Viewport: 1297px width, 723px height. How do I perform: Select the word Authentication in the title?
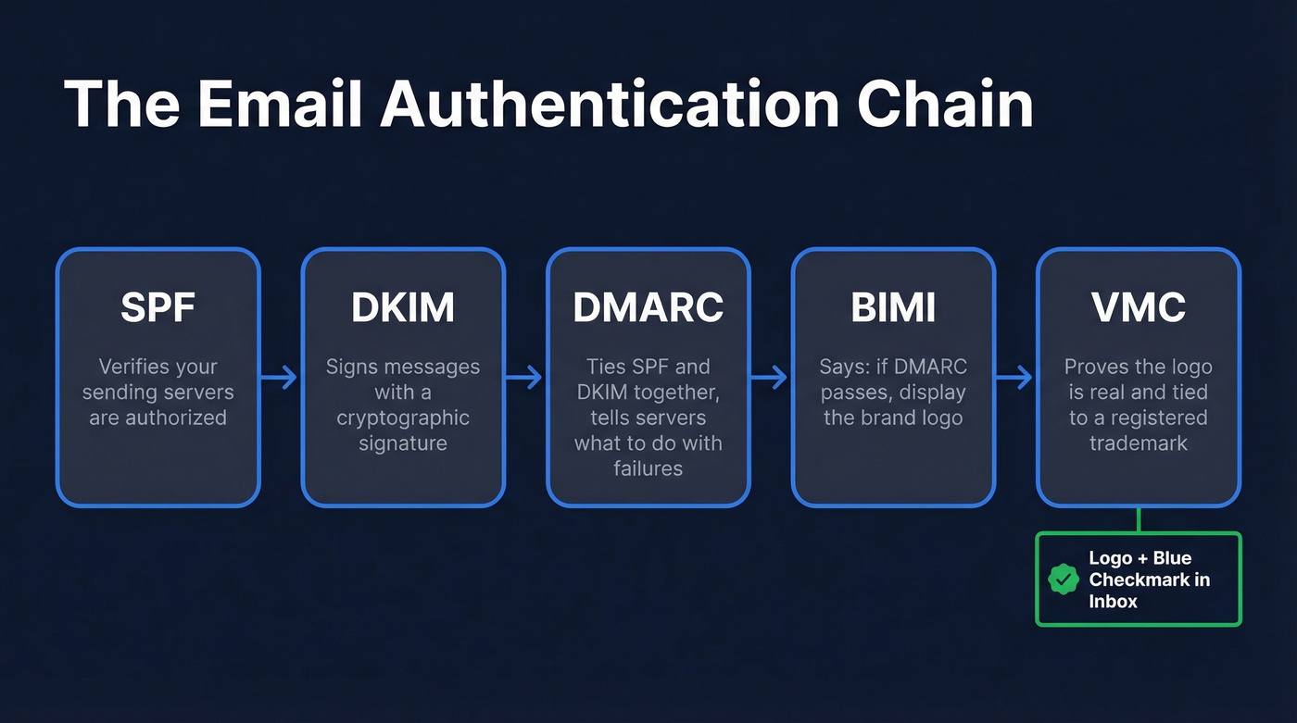(611, 104)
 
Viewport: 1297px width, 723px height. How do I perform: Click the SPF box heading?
(157, 307)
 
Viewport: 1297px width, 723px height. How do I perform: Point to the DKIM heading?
(403, 307)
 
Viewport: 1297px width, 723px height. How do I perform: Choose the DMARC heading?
(648, 307)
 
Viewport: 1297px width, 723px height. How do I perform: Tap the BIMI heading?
(893, 307)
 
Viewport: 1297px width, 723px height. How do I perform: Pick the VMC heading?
(1139, 307)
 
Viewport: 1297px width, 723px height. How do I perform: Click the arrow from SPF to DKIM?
(280, 377)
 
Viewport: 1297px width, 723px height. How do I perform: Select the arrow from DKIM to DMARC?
(525, 377)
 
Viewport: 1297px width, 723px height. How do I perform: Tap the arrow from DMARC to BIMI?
(770, 377)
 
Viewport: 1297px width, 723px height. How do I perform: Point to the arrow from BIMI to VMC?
(1015, 377)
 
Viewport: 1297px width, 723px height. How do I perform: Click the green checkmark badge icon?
(1063, 580)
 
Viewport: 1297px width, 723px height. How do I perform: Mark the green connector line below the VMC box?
(1139, 519)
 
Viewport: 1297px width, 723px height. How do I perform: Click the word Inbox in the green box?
(1113, 601)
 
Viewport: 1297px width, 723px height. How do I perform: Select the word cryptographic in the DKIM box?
(403, 418)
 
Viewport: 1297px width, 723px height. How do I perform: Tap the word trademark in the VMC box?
(1139, 443)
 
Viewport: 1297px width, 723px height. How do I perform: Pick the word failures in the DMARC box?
(648, 468)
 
